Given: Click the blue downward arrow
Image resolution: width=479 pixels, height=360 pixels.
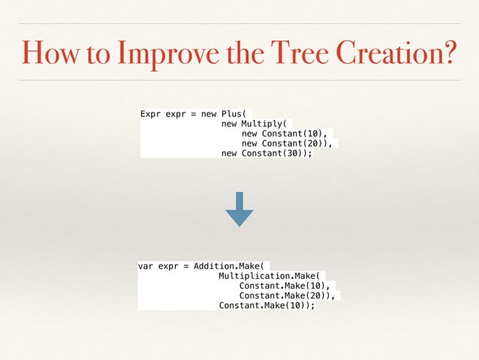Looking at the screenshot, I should tap(239, 210).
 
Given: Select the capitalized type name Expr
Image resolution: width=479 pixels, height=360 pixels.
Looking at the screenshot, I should tap(152, 114).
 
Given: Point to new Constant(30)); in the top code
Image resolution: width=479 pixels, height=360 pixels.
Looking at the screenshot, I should tap(267, 153).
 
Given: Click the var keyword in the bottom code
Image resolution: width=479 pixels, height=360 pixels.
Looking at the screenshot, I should tap(146, 267).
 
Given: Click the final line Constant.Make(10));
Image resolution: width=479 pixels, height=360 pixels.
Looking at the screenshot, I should tap(267, 306).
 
